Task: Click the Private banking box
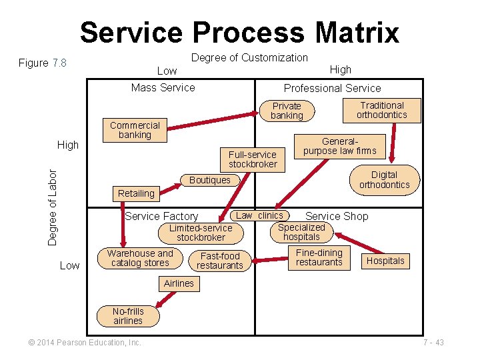point(287,111)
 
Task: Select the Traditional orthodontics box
point(382,110)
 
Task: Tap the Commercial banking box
point(135,130)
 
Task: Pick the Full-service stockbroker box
point(253,159)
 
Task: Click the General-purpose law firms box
point(339,146)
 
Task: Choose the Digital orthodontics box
point(384,180)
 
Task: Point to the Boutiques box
point(210,180)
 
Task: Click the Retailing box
point(136,193)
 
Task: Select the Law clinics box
point(260,215)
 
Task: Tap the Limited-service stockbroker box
point(201,233)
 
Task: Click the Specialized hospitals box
point(301,232)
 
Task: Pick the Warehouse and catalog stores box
point(140,258)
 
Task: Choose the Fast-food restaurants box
point(220,261)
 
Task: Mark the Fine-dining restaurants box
point(319,257)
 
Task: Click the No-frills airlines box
point(128,316)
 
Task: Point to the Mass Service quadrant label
point(163,87)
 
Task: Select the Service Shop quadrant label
point(337,216)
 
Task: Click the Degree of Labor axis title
point(53,205)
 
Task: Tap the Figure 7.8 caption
point(43,63)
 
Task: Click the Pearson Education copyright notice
point(85,343)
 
